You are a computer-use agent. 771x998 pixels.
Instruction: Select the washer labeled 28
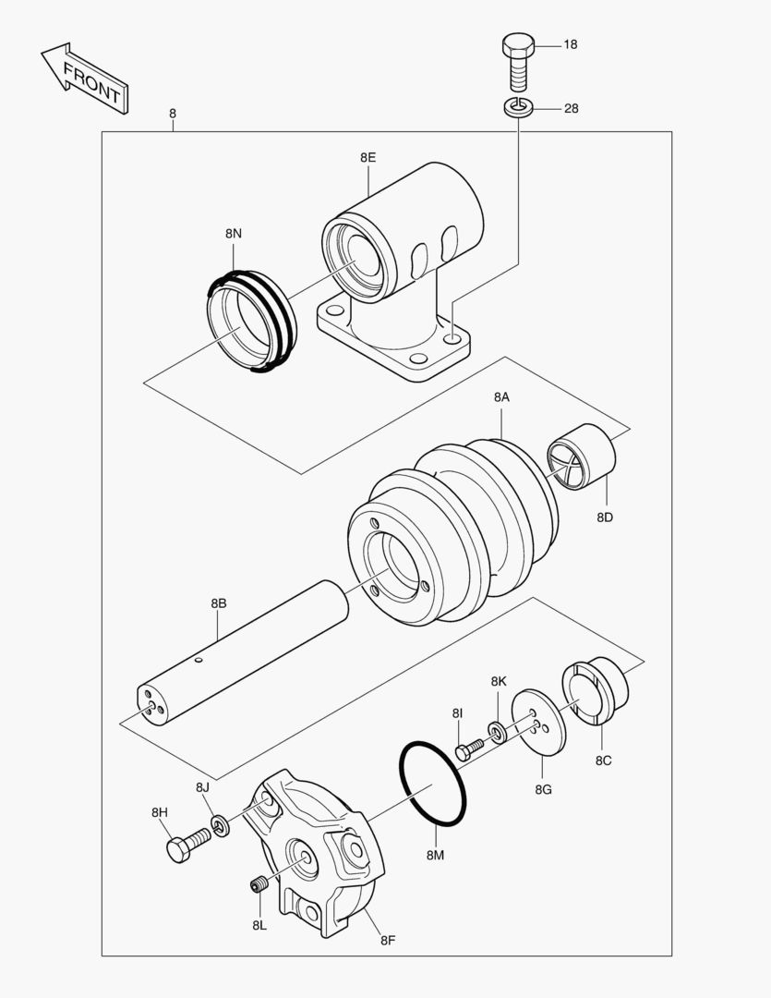click(518, 108)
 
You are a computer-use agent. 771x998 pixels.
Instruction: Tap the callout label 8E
click(367, 157)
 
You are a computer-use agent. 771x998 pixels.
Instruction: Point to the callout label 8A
click(501, 396)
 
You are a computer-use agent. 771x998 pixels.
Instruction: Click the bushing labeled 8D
click(582, 456)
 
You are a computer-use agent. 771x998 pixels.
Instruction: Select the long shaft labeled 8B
click(240, 656)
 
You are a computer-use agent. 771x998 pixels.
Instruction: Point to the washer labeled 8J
click(221, 824)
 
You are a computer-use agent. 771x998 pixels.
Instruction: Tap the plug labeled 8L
click(259, 885)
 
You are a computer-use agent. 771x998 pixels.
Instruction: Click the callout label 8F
click(388, 941)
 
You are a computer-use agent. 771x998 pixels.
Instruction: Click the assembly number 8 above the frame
click(172, 114)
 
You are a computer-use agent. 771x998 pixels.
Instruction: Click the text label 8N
click(233, 234)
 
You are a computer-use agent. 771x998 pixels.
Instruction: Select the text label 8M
click(435, 856)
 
